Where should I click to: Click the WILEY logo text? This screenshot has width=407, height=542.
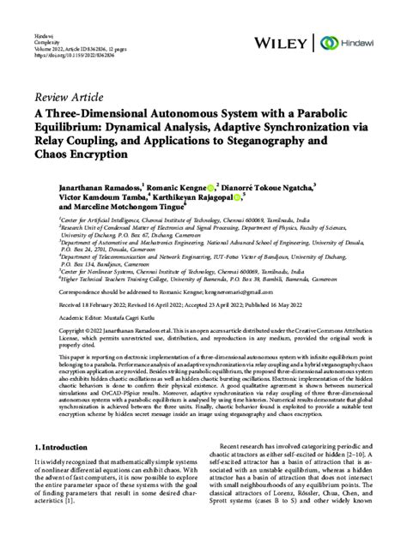282,42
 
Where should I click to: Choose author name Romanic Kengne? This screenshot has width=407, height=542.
178,185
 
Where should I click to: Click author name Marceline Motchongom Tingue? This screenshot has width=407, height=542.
119,208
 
